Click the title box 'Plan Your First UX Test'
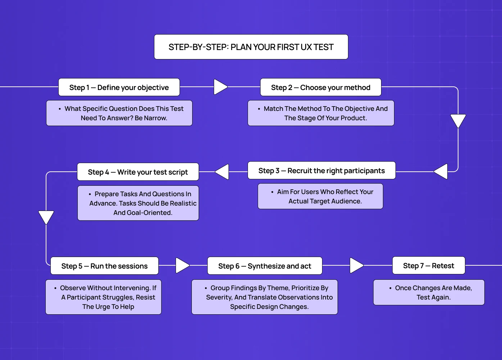tap(251, 47)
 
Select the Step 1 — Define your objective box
tap(119, 87)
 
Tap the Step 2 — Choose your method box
tap(320, 87)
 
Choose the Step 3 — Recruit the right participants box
tap(321, 171)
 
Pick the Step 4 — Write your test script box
tap(138, 172)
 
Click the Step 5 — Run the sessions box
tap(104, 266)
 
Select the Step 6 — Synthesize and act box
tap(264, 266)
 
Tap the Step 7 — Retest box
tap(428, 266)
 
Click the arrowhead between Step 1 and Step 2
tap(220, 87)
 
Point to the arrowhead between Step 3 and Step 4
tap(222, 172)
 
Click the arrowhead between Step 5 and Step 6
tap(182, 266)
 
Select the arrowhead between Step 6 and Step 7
tap(356, 266)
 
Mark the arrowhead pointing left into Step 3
tap(441, 171)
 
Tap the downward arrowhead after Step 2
tap(458, 121)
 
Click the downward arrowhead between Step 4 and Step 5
tap(46, 217)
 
